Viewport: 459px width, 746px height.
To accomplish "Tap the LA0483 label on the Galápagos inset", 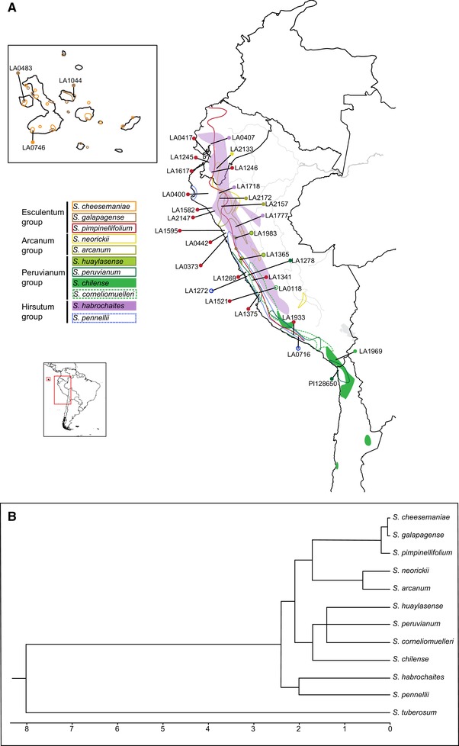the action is [21, 68].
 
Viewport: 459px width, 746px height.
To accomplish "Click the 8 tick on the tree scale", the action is [27, 720].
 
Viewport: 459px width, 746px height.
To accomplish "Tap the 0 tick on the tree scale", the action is [389, 720].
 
